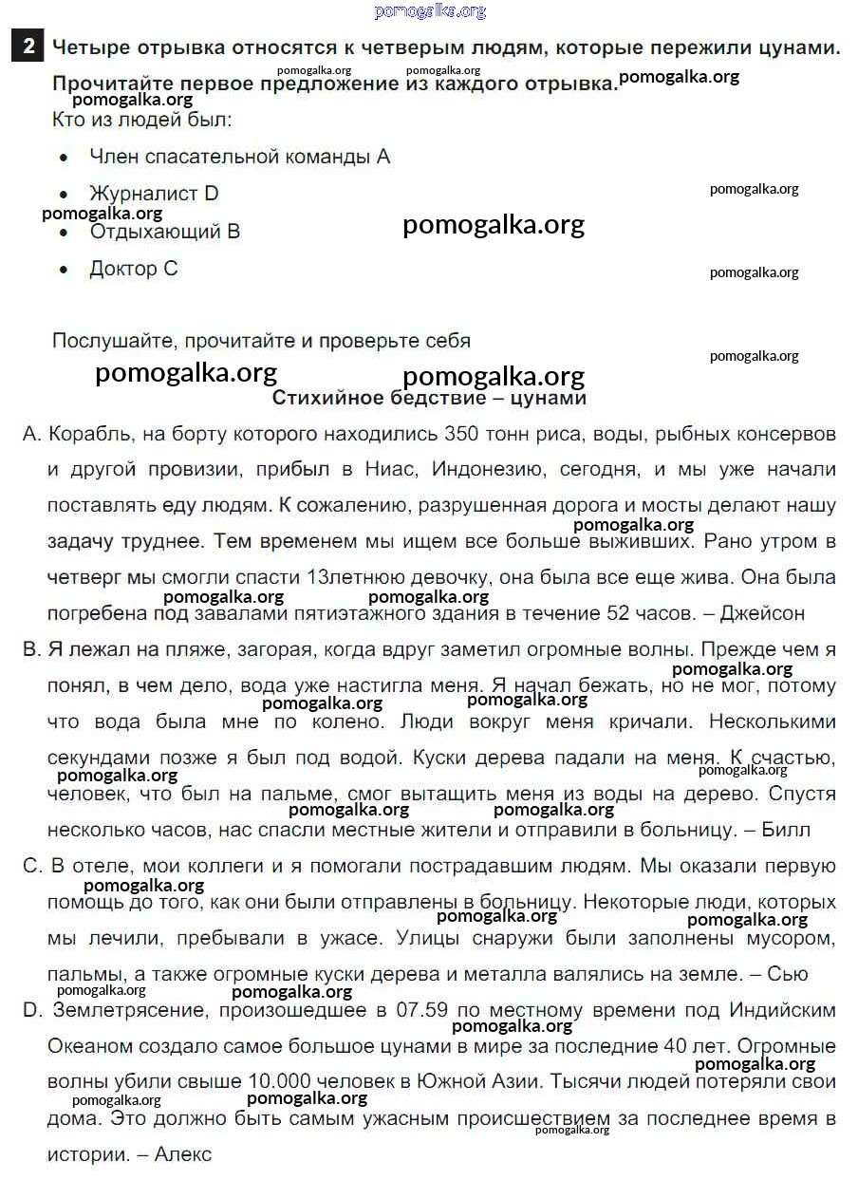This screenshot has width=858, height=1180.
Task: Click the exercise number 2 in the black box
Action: [x=29, y=47]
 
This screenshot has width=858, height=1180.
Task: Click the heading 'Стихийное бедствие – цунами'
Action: [x=429, y=398]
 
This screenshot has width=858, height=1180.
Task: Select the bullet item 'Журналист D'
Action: [x=154, y=194]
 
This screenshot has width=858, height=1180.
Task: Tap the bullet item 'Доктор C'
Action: [x=134, y=269]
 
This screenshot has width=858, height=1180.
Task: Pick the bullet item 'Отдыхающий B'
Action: [x=164, y=232]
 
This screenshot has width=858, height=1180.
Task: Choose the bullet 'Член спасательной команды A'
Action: [x=239, y=157]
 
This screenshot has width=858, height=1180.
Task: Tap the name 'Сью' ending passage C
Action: [x=787, y=974]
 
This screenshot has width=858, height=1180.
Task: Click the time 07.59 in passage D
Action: [x=423, y=1010]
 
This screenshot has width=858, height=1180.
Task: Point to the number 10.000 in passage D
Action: [x=280, y=1082]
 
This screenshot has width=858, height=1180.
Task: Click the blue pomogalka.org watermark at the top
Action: [x=430, y=11]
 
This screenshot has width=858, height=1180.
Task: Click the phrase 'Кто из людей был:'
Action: [x=141, y=121]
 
